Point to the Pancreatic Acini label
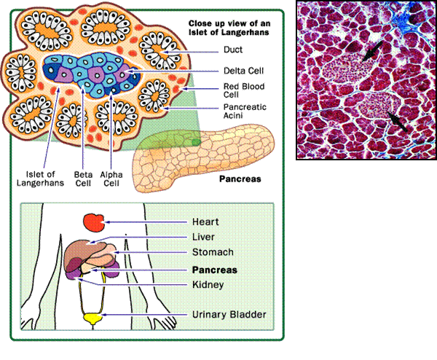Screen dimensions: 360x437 (245, 111)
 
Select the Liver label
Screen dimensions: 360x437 (203, 237)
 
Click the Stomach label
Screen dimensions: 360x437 (212, 252)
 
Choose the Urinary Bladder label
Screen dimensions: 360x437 (229, 315)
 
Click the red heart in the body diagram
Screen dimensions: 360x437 (92, 222)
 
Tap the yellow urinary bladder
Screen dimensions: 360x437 (92, 318)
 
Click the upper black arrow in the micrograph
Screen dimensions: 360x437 (373, 50)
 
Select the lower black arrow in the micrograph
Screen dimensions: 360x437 (397, 121)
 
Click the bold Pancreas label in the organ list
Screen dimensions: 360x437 (213, 268)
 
